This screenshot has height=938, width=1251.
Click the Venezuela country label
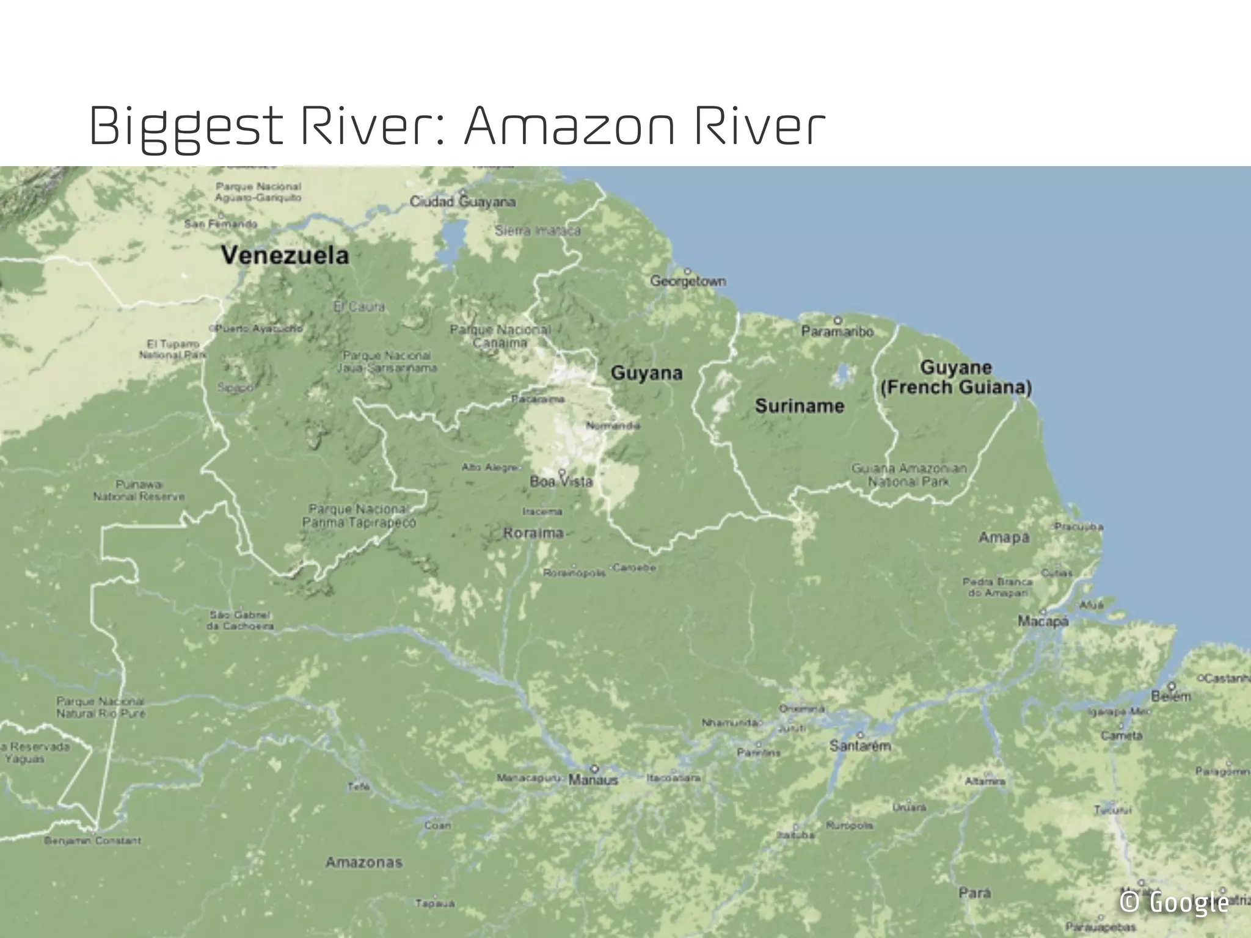(x=285, y=255)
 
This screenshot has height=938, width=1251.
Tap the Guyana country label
(x=646, y=373)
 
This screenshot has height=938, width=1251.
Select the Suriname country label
(x=799, y=406)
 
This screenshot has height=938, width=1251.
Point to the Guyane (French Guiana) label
(x=956, y=377)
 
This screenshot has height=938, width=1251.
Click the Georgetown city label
(x=688, y=282)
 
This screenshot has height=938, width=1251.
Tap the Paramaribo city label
(x=837, y=332)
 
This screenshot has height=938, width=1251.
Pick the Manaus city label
(x=593, y=780)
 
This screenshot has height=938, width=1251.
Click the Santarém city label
(x=860, y=746)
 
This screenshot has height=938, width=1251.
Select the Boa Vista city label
(x=561, y=482)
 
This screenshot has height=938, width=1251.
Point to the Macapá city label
(x=1043, y=622)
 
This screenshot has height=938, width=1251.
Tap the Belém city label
(x=1170, y=696)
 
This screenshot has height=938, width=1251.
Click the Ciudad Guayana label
(x=462, y=202)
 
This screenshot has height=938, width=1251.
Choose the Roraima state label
(x=533, y=533)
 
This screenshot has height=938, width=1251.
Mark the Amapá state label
(x=1004, y=537)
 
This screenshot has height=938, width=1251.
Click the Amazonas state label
(x=364, y=862)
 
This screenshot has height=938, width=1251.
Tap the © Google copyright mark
(x=1173, y=902)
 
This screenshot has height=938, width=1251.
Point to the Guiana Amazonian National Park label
(x=909, y=475)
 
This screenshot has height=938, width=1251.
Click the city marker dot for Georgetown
(x=687, y=271)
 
